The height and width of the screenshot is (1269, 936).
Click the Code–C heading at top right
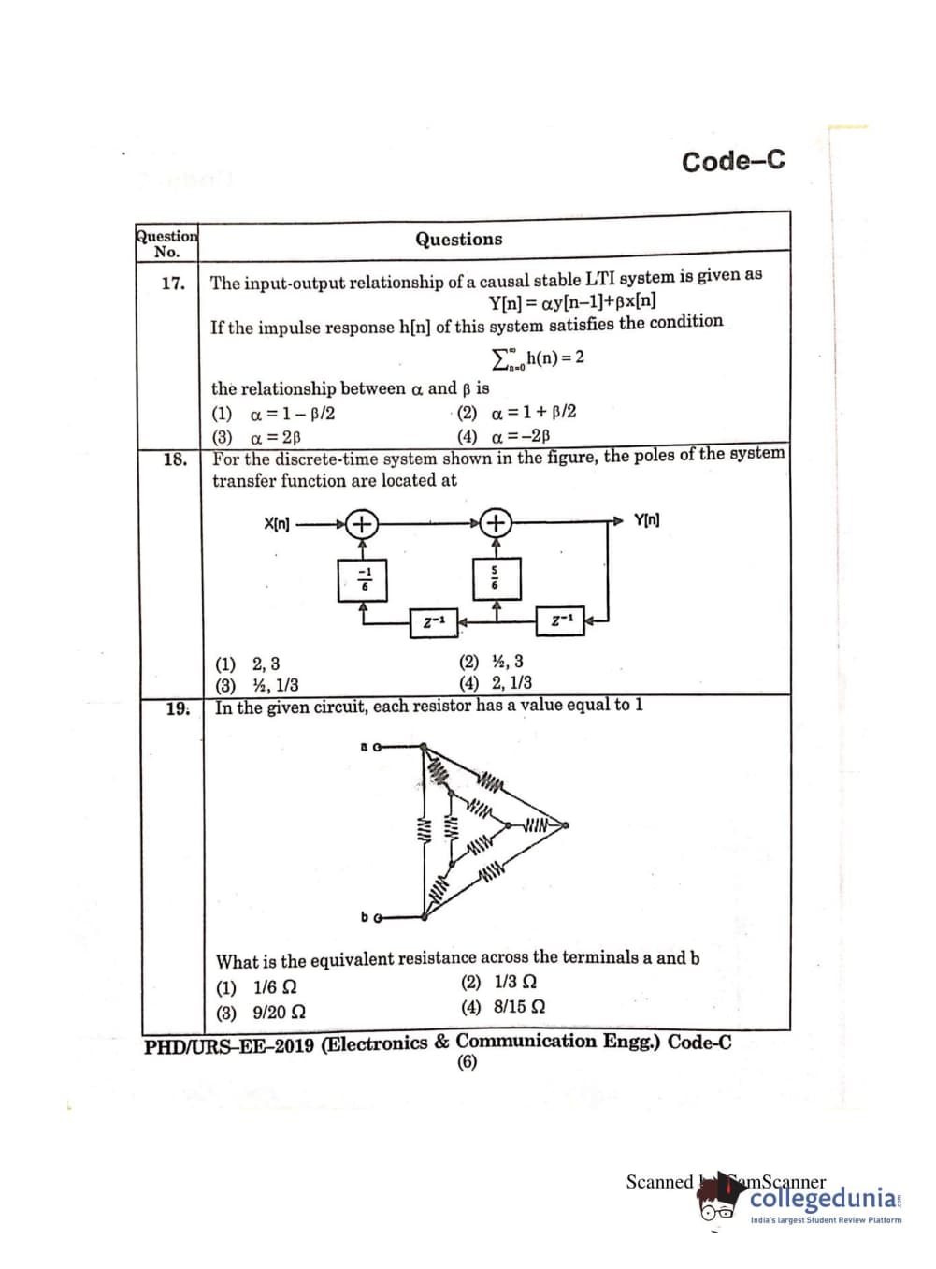pyautogui.click(x=733, y=161)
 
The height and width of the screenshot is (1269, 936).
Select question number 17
pyautogui.click(x=173, y=283)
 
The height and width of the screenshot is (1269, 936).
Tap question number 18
pyautogui.click(x=175, y=459)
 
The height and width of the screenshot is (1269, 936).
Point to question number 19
pyautogui.click(x=178, y=708)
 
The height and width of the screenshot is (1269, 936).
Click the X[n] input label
pyautogui.click(x=277, y=523)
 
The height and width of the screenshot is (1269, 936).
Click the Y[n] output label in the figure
pyautogui.click(x=646, y=520)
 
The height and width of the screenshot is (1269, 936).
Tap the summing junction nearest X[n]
pyautogui.click(x=362, y=523)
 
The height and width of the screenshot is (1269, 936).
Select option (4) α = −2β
pyautogui.click(x=504, y=436)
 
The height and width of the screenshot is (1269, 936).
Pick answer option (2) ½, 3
pyautogui.click(x=492, y=662)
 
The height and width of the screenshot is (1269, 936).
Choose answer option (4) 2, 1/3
pyautogui.click(x=496, y=683)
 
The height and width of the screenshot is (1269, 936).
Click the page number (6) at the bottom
pyautogui.click(x=467, y=1061)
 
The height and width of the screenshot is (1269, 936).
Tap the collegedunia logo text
pyautogui.click(x=824, y=1199)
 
